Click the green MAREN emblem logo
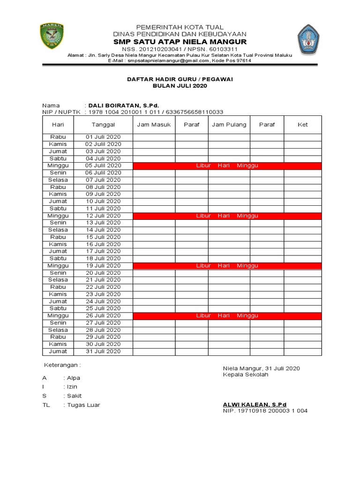click(52, 37)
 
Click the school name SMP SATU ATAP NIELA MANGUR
click(180, 42)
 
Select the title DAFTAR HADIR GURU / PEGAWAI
click(180, 79)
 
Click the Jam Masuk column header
click(154, 125)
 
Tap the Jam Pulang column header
click(229, 125)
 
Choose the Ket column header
click(303, 125)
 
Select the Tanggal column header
click(103, 125)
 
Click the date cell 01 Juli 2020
click(103, 137)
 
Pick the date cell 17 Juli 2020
click(103, 251)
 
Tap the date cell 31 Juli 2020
click(103, 351)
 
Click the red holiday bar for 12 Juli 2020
click(227, 216)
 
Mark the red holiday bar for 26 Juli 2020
click(227, 315)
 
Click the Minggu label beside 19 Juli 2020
click(58, 265)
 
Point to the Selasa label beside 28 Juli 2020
click(58, 330)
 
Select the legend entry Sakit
click(75, 396)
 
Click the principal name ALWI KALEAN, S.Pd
click(254, 404)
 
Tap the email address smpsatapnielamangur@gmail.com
click(168, 60)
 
